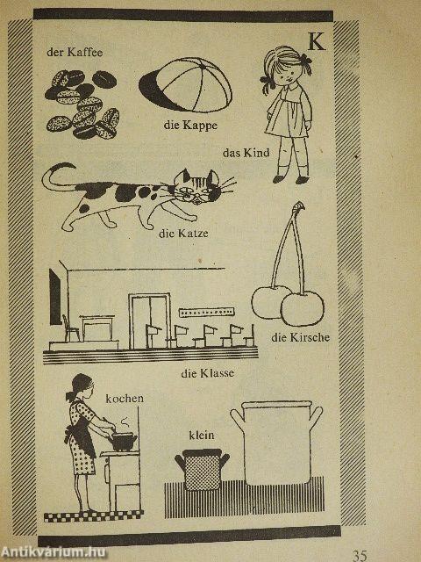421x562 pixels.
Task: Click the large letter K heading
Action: (317, 41)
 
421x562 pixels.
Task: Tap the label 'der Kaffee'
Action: (75, 53)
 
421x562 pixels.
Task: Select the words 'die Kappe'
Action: (190, 125)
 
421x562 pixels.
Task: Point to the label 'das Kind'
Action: (246, 153)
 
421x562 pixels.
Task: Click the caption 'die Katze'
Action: (183, 234)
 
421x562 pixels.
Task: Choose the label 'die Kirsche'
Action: (300, 337)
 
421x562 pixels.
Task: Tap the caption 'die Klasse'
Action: (207, 373)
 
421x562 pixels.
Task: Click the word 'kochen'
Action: (125, 399)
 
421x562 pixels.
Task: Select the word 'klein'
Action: (202, 436)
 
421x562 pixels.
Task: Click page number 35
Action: (360, 555)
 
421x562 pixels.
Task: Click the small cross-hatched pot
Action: (202, 469)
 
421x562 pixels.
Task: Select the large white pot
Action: (276, 443)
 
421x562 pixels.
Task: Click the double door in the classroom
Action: (149, 321)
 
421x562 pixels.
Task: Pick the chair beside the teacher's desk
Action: (70, 328)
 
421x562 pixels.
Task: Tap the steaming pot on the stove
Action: (123, 442)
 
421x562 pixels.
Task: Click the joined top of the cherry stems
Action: (298, 207)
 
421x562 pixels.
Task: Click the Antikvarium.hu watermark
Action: (54, 552)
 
